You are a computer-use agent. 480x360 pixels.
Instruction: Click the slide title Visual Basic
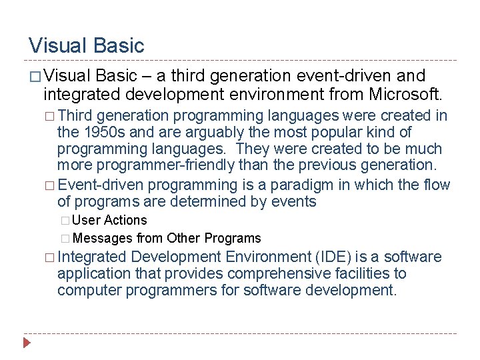[x=86, y=45]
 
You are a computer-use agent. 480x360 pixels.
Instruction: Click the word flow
[x=437, y=185]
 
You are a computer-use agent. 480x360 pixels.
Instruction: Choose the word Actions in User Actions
[x=125, y=220]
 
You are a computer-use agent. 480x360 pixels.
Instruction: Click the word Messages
[x=103, y=238]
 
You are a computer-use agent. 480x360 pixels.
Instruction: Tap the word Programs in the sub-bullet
[x=233, y=238]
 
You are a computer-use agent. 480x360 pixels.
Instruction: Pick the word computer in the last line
[x=91, y=290]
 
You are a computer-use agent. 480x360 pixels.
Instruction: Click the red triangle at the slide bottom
[x=27, y=343]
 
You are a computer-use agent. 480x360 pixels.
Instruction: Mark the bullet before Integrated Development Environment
[x=49, y=257]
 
